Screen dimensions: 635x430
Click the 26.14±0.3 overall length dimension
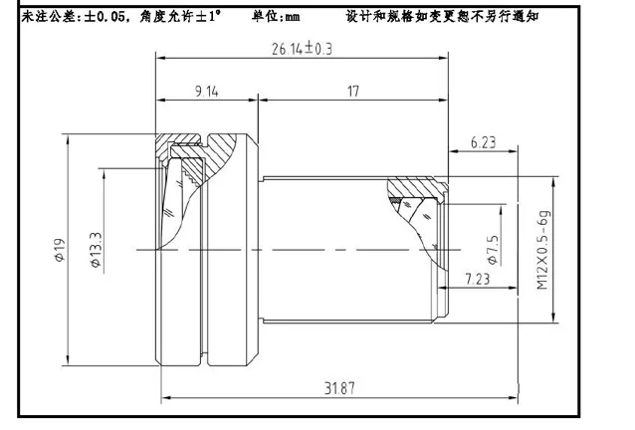[x=302, y=49]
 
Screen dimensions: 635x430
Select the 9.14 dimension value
[x=207, y=92]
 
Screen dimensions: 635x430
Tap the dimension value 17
[x=353, y=92]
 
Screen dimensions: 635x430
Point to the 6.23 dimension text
[x=483, y=142]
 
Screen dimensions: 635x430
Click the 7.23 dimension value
[x=478, y=279]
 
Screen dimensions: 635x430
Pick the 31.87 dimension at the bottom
[x=339, y=388]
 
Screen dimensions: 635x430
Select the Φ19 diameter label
[x=60, y=250]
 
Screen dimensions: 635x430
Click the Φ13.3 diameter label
[x=96, y=250]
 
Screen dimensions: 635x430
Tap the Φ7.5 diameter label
[x=493, y=250]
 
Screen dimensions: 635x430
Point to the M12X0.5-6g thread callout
[x=543, y=250]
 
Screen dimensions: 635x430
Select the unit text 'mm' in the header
[x=293, y=17]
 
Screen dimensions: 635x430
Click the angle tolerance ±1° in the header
[x=208, y=17]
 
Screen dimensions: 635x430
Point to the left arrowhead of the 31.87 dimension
[x=165, y=397]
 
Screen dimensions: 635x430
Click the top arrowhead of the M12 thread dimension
[x=553, y=181]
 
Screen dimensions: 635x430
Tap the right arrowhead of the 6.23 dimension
[x=514, y=151]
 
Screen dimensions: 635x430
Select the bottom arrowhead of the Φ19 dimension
[x=68, y=361]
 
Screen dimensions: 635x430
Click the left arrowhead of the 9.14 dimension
[x=161, y=100]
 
